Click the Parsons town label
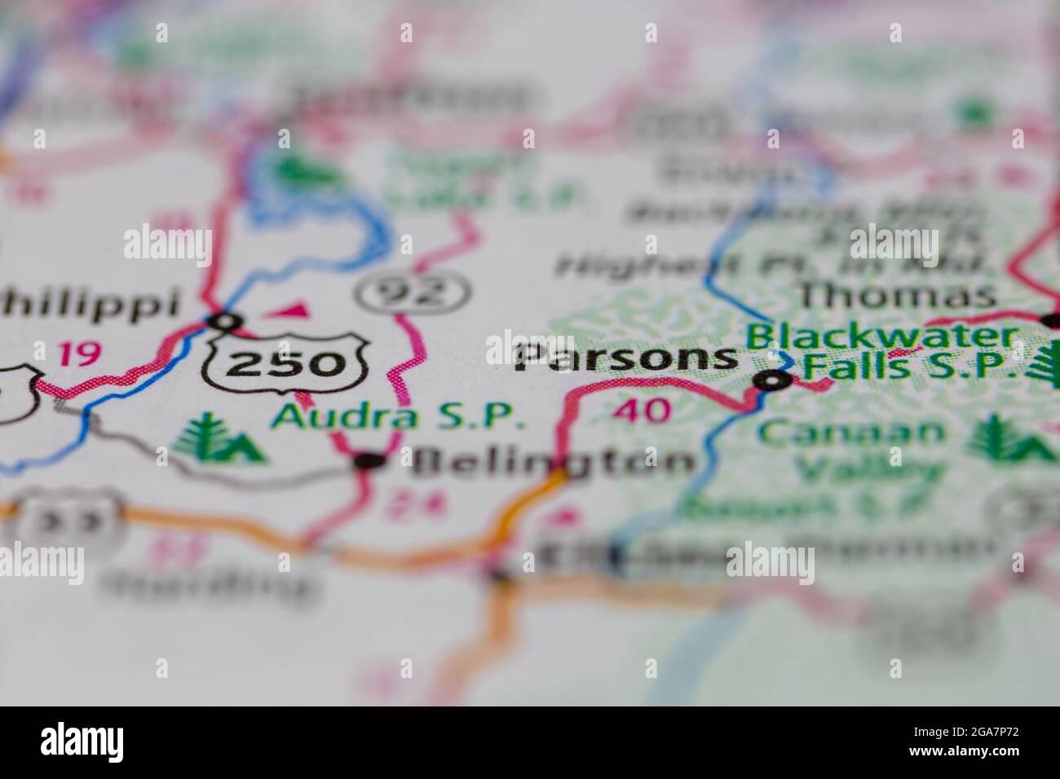coord(626,358)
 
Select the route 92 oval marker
coord(414,291)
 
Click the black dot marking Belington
coord(369,462)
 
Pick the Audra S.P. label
coord(398,416)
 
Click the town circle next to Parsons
coord(771,380)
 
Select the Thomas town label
coord(897,295)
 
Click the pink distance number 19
coord(79,354)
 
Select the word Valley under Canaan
coord(868,470)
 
